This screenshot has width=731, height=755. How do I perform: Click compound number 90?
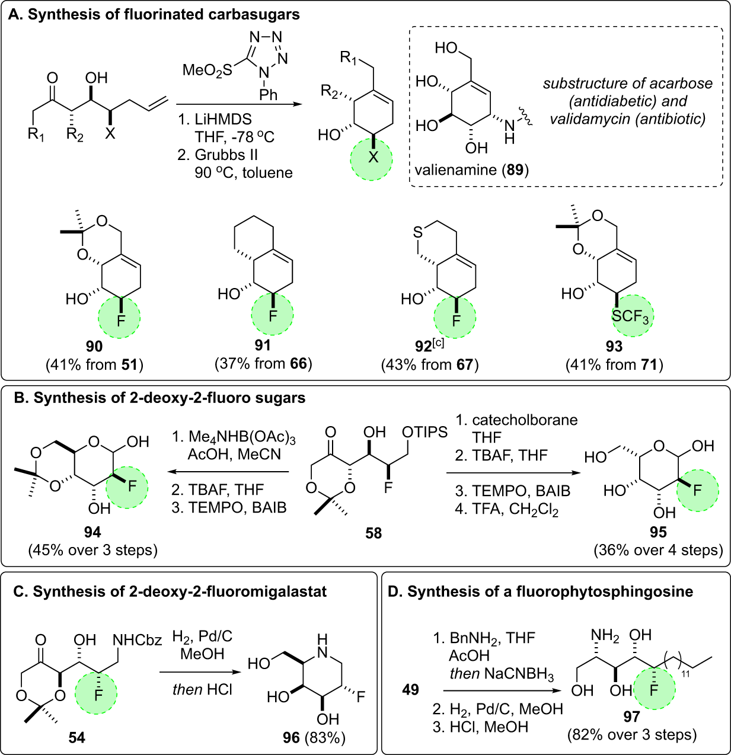point(94,346)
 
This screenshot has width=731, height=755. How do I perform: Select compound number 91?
point(263,345)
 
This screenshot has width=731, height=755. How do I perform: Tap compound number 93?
point(614,346)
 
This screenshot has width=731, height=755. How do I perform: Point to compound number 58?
point(374,533)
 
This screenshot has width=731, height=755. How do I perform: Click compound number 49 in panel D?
point(410,689)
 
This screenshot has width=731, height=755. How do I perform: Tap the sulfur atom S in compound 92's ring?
point(418,232)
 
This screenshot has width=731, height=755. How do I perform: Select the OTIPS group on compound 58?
point(424,432)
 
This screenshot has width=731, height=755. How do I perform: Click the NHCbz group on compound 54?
point(137,640)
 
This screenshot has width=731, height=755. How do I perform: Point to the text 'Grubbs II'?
point(222,155)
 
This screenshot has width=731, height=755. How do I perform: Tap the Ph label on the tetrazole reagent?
point(269,94)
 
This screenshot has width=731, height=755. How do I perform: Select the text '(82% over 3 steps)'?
point(632,735)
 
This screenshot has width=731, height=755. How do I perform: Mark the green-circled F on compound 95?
point(697,490)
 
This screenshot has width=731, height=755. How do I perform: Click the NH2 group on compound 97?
point(605,636)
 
